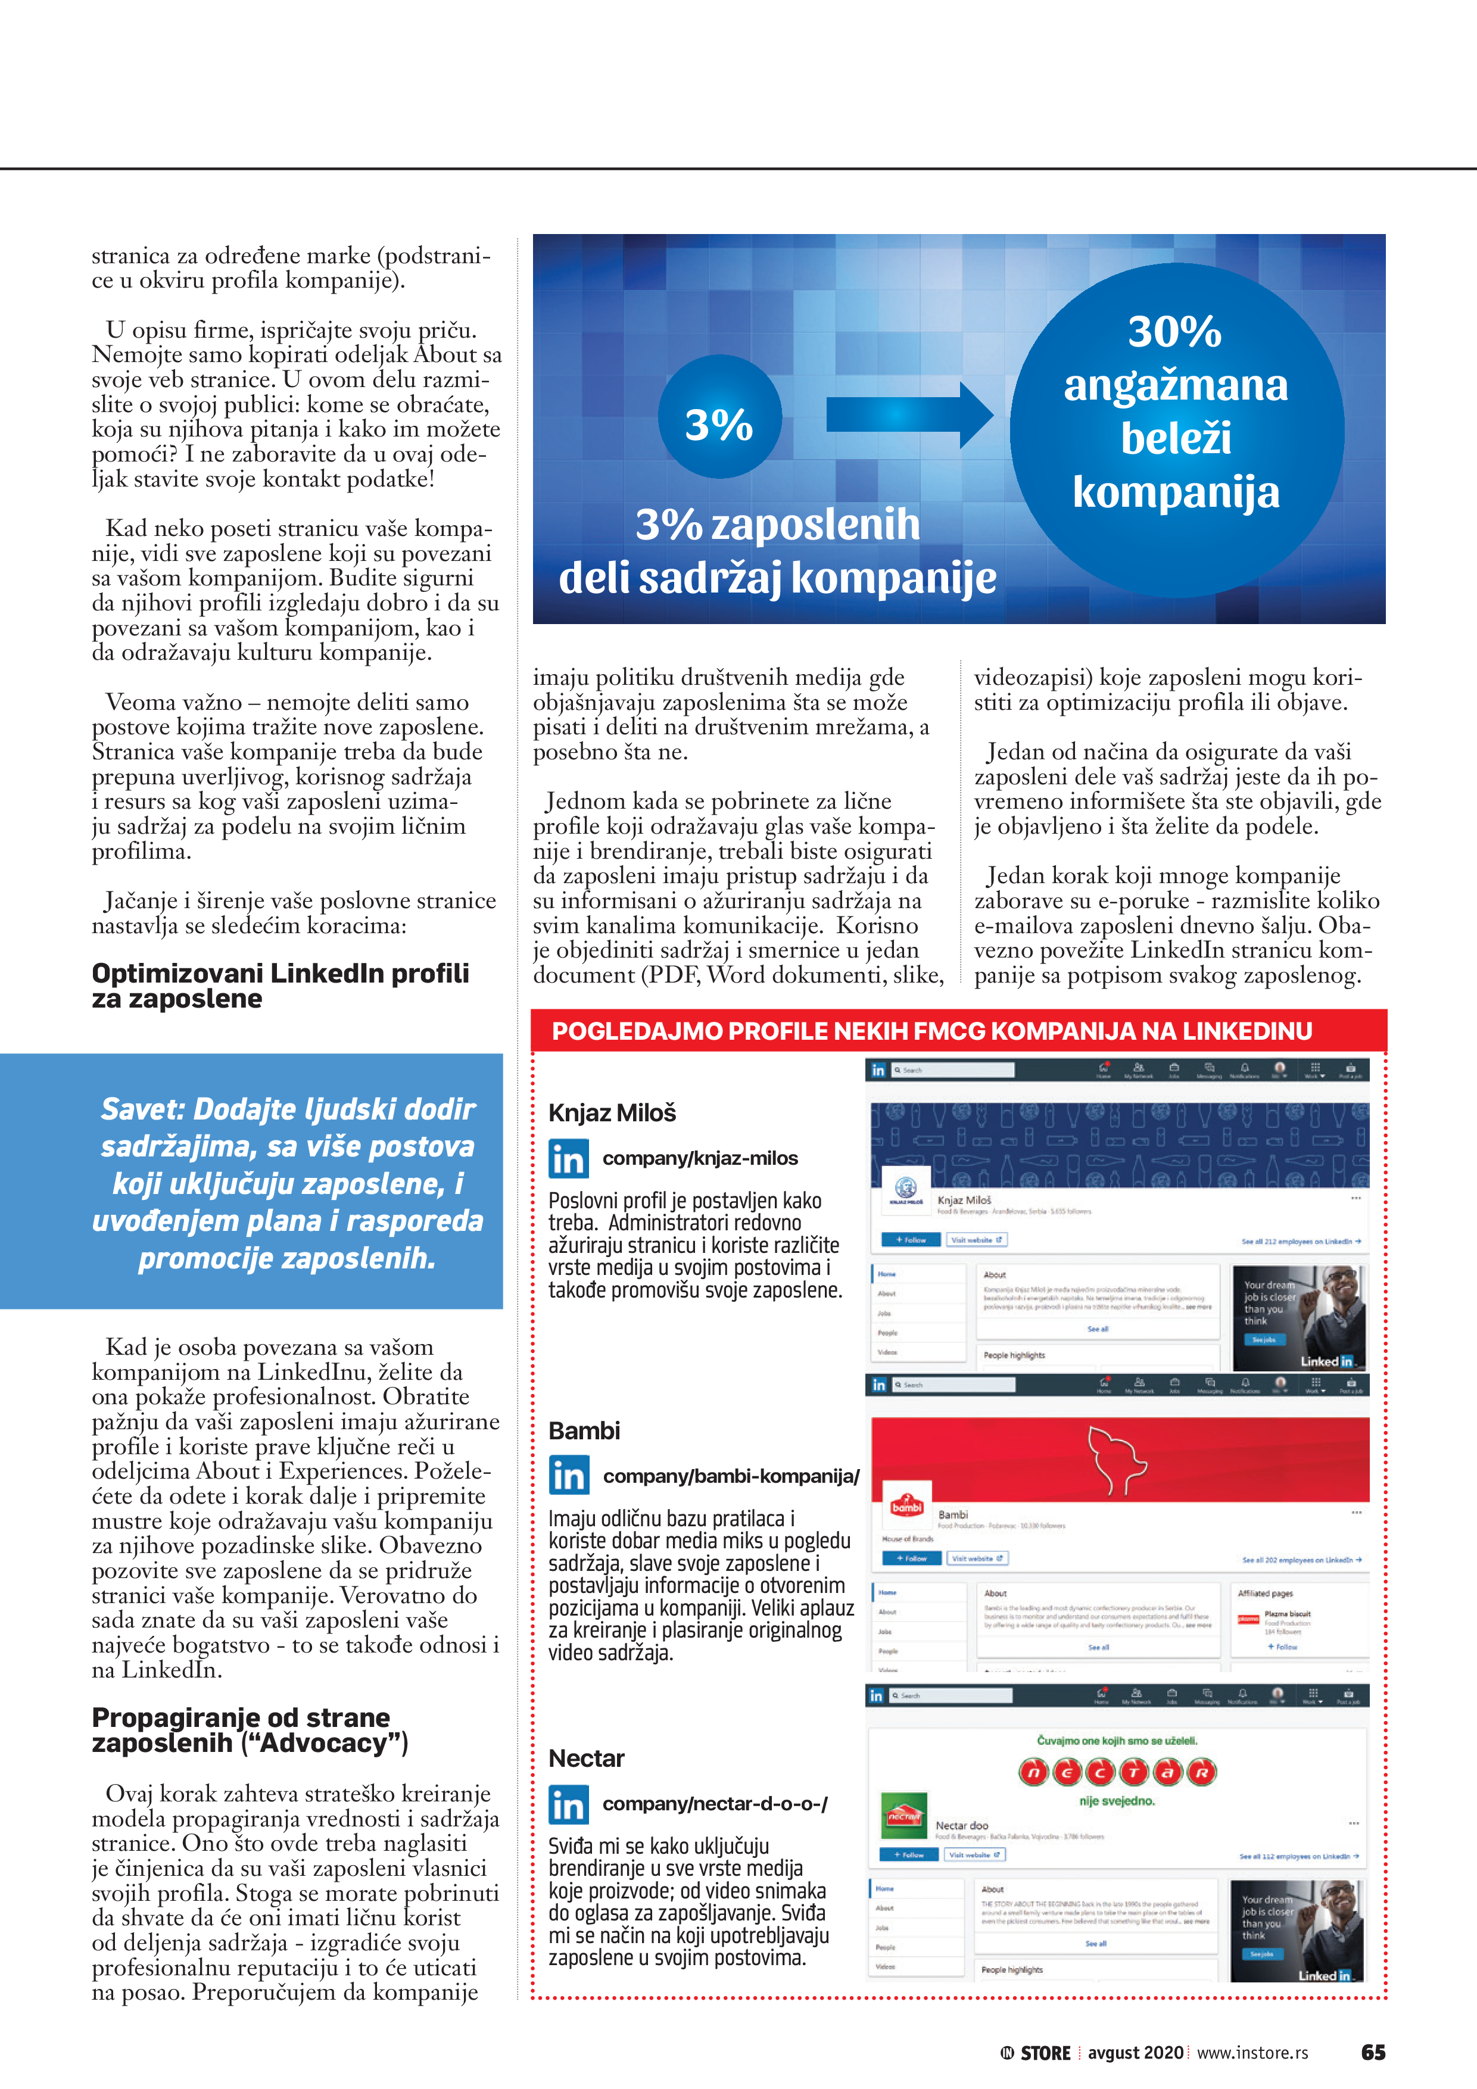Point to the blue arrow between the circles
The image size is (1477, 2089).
[x=908, y=415]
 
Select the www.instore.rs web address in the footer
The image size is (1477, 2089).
[x=1252, y=2053]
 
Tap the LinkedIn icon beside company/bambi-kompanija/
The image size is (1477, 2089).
[x=569, y=1476]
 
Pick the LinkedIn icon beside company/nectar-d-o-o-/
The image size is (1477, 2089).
[x=569, y=1804]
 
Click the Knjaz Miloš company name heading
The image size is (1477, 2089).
[x=612, y=1113]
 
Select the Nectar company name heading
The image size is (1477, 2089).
[x=586, y=1758]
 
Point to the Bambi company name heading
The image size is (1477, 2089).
[x=584, y=1431]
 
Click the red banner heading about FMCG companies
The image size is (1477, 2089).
[x=932, y=1031]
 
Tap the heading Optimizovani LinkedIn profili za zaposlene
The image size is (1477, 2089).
[x=281, y=986]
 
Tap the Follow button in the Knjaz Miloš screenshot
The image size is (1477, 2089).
[x=910, y=1239]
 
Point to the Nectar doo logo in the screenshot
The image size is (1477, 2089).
[x=903, y=1816]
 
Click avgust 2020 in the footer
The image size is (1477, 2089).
[x=1135, y=2053]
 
